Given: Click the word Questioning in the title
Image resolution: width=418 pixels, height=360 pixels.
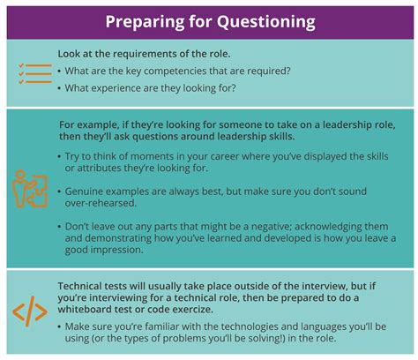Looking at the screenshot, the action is pyautogui.click(x=266, y=22).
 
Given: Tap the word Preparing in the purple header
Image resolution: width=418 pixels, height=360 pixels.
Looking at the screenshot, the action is pyautogui.click(x=146, y=22).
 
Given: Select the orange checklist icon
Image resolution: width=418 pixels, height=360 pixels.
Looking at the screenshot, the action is pyautogui.click(x=35, y=73).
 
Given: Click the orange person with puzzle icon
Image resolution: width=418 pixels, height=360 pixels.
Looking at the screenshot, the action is pyautogui.click(x=30, y=189).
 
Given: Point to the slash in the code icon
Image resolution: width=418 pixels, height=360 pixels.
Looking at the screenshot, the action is pyautogui.click(x=30, y=311).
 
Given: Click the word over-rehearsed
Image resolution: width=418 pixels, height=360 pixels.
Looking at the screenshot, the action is pyautogui.click(x=101, y=203).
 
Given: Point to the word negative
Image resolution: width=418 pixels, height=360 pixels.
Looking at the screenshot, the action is pyautogui.click(x=271, y=227).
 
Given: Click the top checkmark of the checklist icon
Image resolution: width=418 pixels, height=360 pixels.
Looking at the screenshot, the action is pyautogui.click(x=21, y=65).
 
